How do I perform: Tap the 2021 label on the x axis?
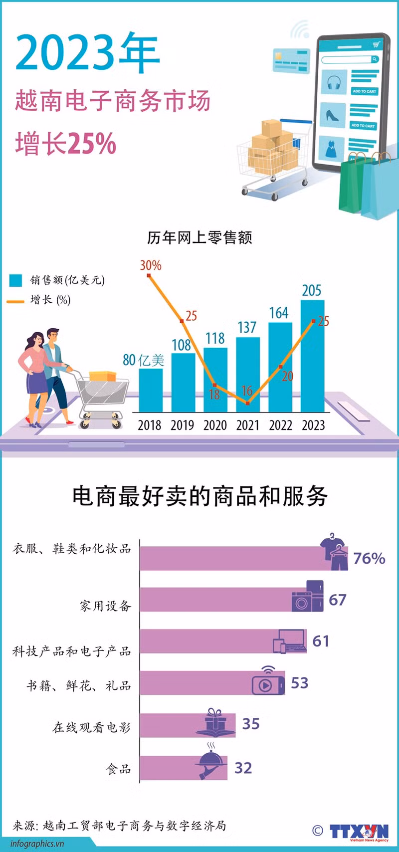coord(247,426)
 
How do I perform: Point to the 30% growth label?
coord(150,265)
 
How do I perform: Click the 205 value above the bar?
coord(312,290)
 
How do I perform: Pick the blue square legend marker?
coord(15,280)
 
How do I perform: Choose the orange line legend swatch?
coord(15,301)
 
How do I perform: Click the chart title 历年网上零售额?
coord(199,237)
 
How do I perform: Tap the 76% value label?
coord(369,558)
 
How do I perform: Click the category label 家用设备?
coord(105,606)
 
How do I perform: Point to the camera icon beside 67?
coord(302,601)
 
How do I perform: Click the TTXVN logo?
coord(359,832)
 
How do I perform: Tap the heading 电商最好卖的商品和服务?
coord(199,496)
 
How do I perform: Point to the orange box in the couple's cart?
coord(102,376)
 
